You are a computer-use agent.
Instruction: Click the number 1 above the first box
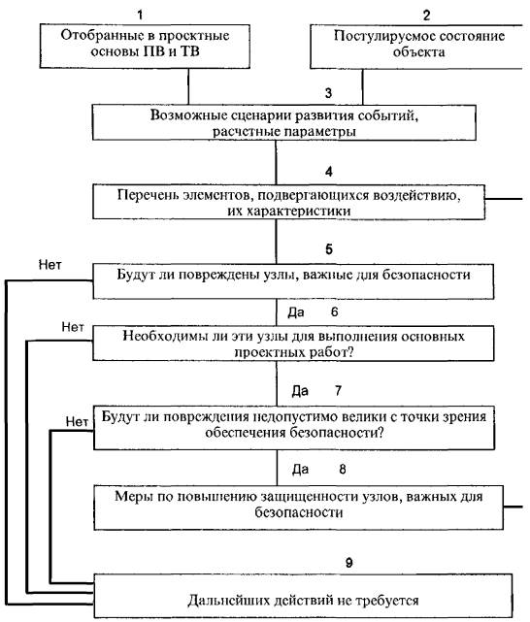[140, 16]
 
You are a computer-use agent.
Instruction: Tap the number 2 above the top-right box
[426, 16]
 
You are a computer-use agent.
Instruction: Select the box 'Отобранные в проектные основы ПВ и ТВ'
[145, 46]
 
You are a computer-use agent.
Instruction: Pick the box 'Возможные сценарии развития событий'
[284, 122]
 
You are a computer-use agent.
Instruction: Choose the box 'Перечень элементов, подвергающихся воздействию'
[289, 202]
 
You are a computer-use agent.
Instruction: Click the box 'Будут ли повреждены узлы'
[293, 281]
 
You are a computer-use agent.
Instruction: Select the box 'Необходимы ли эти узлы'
[293, 344]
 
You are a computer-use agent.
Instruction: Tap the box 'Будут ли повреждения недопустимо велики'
[294, 427]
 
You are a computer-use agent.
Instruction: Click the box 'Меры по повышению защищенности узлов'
[299, 507]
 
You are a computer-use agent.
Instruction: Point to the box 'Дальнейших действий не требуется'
[303, 596]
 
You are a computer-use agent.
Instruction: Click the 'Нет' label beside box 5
[50, 265]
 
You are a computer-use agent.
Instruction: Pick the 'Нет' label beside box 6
[73, 327]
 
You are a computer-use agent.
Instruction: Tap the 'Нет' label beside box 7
[77, 421]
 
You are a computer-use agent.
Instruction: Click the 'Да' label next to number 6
[296, 312]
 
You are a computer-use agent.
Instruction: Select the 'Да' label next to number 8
[300, 470]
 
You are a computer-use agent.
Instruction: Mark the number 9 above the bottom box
[349, 563]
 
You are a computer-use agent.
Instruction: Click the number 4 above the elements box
[329, 172]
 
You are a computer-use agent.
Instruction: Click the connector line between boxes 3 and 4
[276, 162]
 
